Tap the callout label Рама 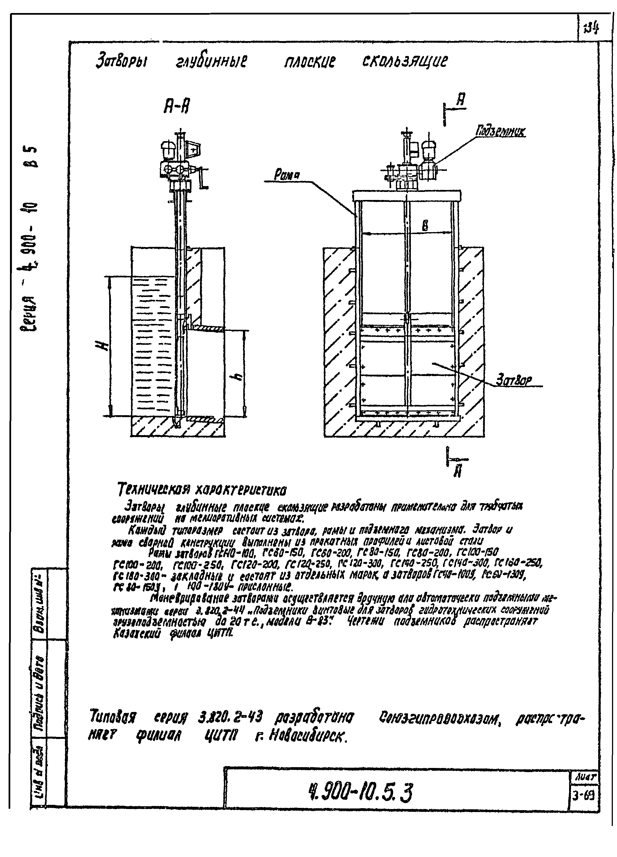286,175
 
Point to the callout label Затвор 514,380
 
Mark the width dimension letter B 425,226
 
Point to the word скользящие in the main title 405,61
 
